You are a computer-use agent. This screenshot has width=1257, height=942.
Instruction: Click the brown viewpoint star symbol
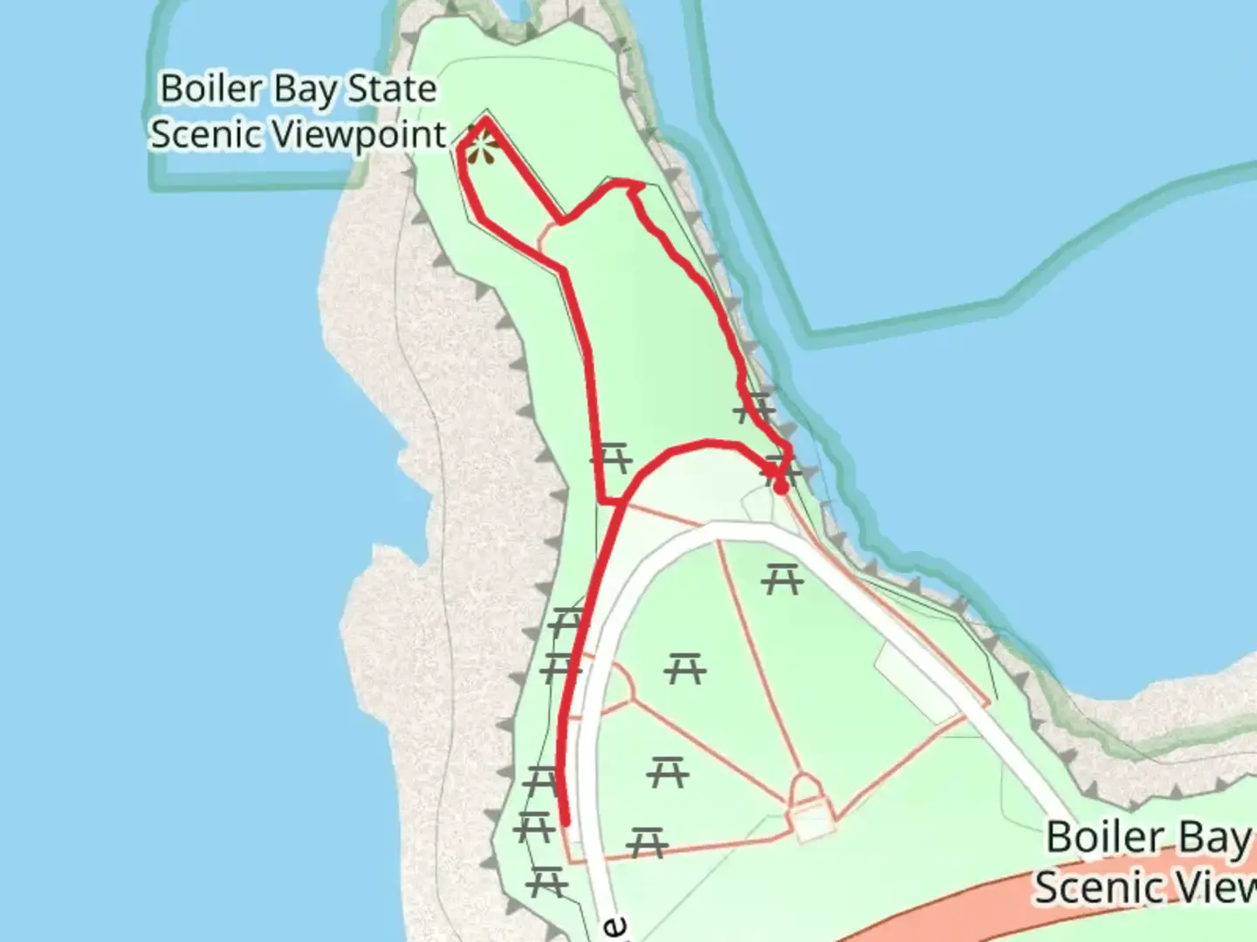[479, 149]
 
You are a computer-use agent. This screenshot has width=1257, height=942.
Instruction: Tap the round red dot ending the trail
[782, 488]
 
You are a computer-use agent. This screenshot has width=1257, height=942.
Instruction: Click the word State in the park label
[392, 89]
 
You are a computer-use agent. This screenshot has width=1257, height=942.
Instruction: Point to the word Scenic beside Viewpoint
[205, 134]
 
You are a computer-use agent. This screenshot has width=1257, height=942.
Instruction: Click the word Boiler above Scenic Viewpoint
[212, 89]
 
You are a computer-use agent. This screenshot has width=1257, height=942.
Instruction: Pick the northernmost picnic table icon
[753, 407]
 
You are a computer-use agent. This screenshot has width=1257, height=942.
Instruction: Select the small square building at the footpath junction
[810, 823]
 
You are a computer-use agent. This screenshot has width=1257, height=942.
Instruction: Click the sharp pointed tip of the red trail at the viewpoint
[486, 120]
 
